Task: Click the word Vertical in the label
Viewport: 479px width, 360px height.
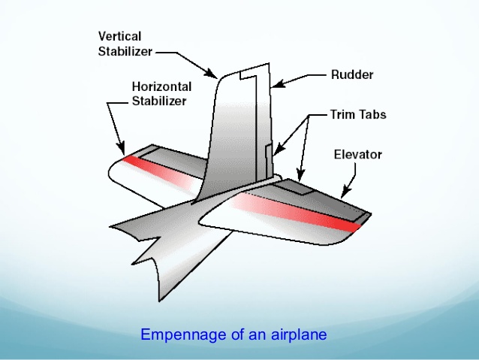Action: (119, 36)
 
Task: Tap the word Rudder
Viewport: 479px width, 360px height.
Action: (352, 74)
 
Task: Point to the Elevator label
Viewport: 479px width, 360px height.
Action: (357, 155)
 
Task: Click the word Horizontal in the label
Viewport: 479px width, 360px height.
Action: (161, 86)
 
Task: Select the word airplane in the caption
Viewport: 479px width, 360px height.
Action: (299, 334)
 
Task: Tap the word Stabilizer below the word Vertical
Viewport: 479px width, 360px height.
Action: (125, 51)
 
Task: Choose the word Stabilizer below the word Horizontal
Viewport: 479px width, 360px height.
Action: (159, 101)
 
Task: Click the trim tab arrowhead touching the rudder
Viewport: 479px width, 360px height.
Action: (276, 150)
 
